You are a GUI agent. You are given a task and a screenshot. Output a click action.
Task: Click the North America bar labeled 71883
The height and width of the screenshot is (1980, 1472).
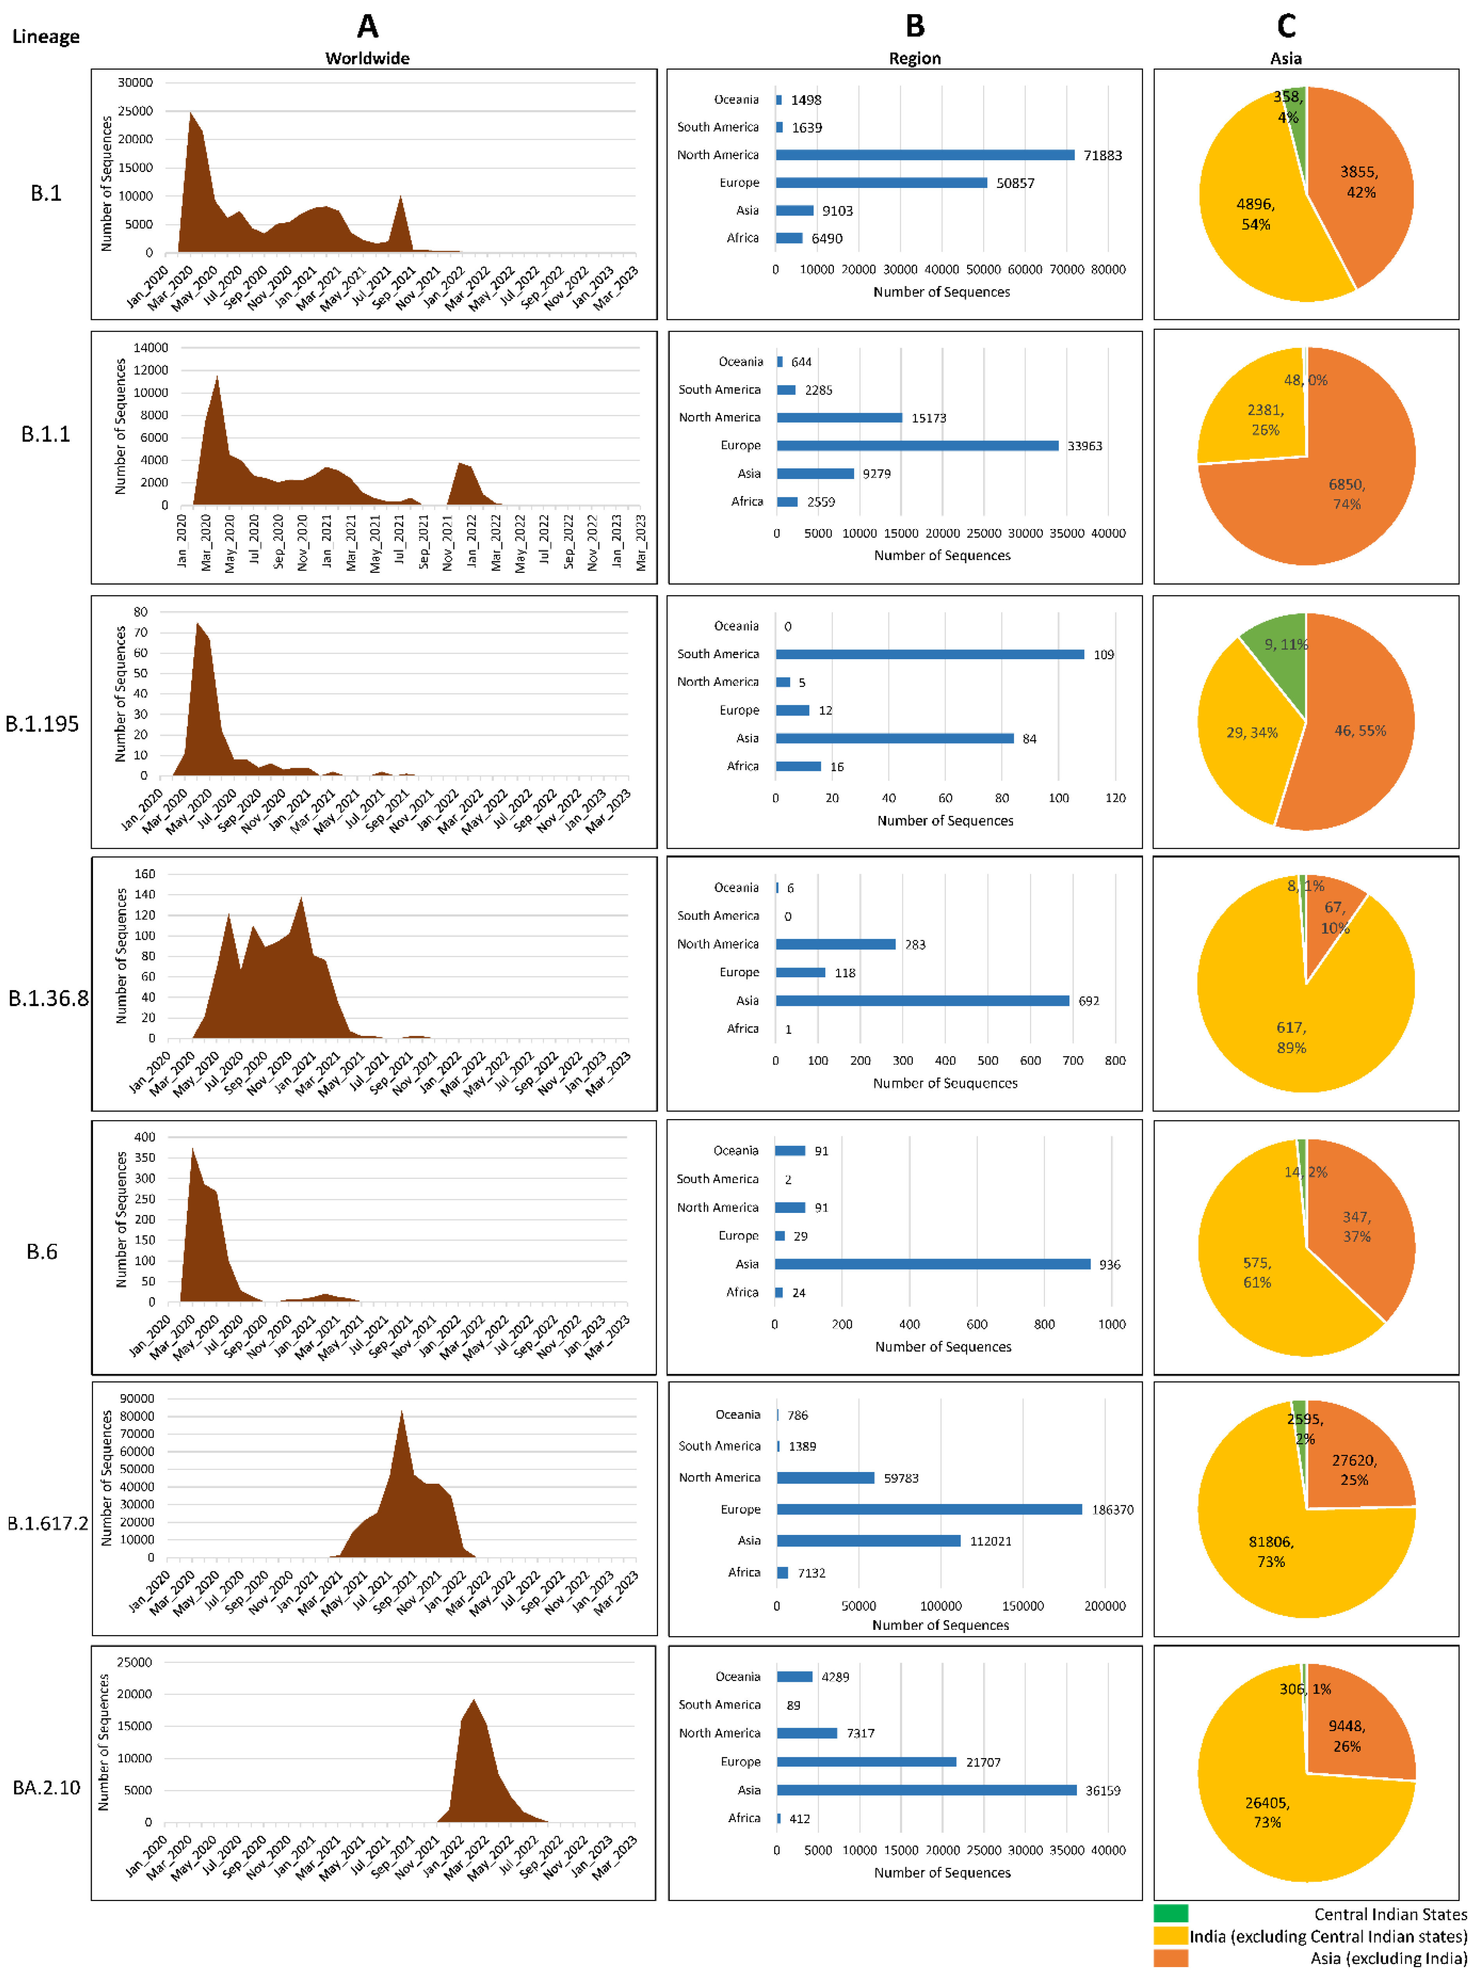[x=925, y=155]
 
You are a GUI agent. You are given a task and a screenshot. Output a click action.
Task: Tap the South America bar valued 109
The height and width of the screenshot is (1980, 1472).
[x=929, y=654]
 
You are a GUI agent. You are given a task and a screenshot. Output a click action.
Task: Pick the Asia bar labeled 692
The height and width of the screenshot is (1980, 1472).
[x=922, y=1001]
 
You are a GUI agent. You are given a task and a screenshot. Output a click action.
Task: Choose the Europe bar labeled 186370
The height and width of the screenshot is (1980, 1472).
[x=929, y=1510]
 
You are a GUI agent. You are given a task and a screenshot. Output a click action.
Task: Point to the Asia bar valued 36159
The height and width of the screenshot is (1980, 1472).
[x=926, y=1790]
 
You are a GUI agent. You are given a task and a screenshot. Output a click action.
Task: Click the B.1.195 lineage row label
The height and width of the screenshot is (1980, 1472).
[x=42, y=724]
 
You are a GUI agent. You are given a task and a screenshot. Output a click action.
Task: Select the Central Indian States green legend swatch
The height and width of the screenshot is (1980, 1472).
[x=1170, y=1913]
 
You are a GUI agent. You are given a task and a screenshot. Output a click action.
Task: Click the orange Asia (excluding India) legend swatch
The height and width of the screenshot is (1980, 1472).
[x=1170, y=1958]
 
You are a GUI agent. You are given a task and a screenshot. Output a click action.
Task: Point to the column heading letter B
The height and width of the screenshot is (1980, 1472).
[x=915, y=26]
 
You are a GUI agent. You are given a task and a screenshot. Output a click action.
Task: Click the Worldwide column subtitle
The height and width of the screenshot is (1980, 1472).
[x=367, y=58]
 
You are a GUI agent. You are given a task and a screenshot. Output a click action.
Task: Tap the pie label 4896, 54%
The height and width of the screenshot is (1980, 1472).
[x=1256, y=214]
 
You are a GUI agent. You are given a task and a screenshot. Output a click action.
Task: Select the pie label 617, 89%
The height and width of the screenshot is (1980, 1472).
[x=1291, y=1037]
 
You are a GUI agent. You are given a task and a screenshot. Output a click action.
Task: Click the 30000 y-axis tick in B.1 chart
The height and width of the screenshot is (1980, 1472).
[x=136, y=82]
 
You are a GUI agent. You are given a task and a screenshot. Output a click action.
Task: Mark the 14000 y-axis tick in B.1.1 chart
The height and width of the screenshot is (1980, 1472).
[x=150, y=347]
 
